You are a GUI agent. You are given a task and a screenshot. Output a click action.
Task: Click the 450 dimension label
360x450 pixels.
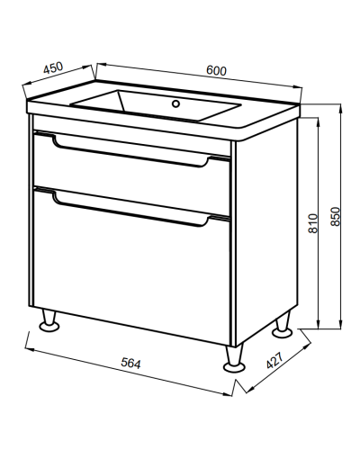(x=53, y=67)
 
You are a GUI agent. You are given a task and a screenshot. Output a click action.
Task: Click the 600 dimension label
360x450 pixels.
(x=216, y=70)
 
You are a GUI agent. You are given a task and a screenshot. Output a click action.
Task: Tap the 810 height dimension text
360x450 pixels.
(x=312, y=223)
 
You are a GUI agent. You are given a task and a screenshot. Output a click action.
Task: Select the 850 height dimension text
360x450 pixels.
(x=336, y=216)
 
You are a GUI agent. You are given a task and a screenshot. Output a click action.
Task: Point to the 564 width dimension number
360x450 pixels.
(x=130, y=364)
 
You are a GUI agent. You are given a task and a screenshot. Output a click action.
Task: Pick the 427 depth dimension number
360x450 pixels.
(x=274, y=360)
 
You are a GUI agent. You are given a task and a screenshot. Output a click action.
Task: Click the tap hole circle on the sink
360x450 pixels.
(x=175, y=103)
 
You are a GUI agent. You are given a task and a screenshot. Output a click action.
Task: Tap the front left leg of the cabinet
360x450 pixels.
(x=49, y=320)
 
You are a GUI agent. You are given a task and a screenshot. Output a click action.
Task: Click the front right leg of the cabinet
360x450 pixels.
(x=234, y=358)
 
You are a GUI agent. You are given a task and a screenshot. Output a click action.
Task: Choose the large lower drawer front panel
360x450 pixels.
(x=131, y=267)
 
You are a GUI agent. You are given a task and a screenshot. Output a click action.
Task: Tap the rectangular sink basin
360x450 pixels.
(x=156, y=105)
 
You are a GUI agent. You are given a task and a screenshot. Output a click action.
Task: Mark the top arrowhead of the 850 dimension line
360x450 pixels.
(x=341, y=109)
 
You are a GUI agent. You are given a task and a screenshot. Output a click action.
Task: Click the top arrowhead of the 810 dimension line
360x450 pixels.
(x=318, y=122)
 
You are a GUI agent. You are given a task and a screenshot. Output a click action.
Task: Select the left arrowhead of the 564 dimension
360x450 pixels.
(x=30, y=349)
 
